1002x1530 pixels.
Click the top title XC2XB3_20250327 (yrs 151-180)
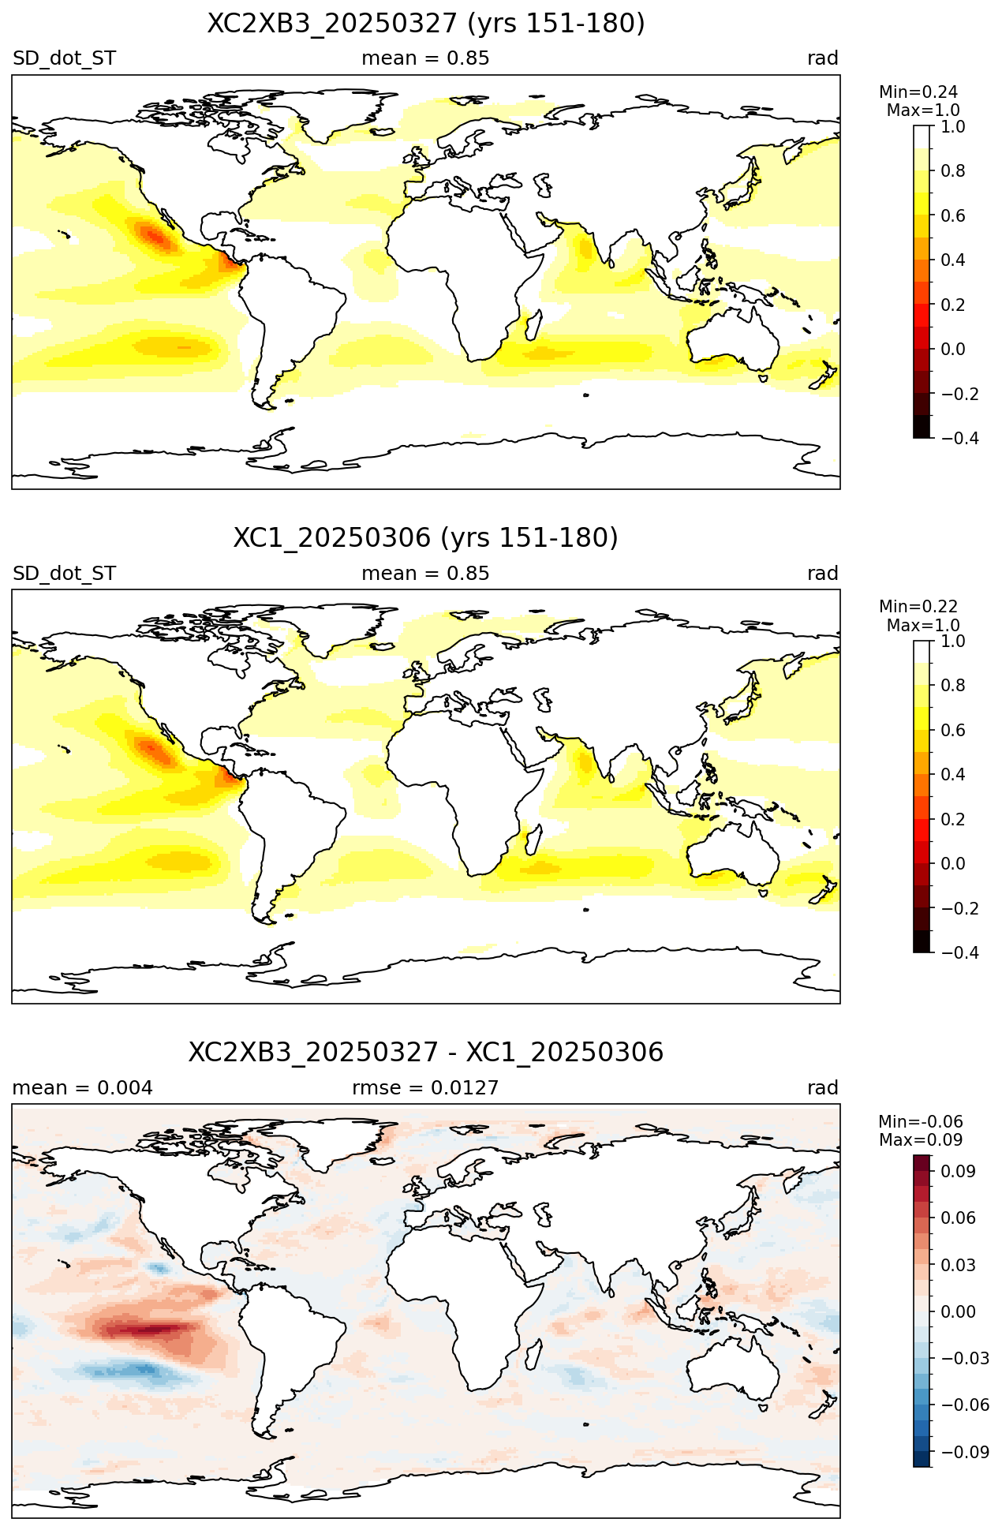coord(426,24)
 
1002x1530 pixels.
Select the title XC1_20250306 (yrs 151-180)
coord(426,538)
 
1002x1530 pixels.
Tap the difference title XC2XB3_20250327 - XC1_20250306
coord(426,1053)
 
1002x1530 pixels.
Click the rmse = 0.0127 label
coord(425,1088)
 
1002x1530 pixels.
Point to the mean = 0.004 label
coord(83,1088)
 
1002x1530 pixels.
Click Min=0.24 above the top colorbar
coord(918,92)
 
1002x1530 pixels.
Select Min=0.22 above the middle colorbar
coord(918,607)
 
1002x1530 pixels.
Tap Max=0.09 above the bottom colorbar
coord(921,1140)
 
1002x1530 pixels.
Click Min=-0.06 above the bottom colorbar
coord(921,1122)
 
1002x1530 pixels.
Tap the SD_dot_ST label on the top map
coord(65,58)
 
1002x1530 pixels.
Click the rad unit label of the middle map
coord(823,574)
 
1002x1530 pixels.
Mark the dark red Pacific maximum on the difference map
coord(150,1330)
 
